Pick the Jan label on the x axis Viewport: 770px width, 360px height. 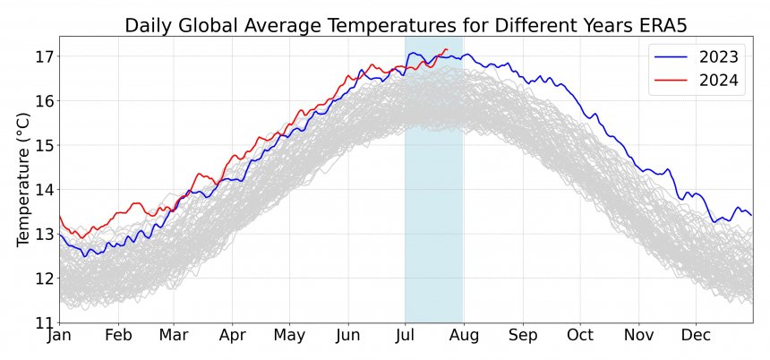(x=59, y=337)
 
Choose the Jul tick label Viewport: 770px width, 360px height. (x=406, y=337)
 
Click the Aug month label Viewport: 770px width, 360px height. (x=464, y=337)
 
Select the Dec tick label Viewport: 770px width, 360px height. (x=696, y=337)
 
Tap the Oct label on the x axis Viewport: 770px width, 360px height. (x=579, y=337)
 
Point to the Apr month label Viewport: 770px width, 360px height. (x=232, y=337)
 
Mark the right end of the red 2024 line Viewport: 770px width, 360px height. (x=446, y=49)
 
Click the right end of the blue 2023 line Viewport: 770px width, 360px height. (x=751, y=215)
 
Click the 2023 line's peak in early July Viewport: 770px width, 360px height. (x=411, y=53)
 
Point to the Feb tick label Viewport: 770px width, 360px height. (x=118, y=337)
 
